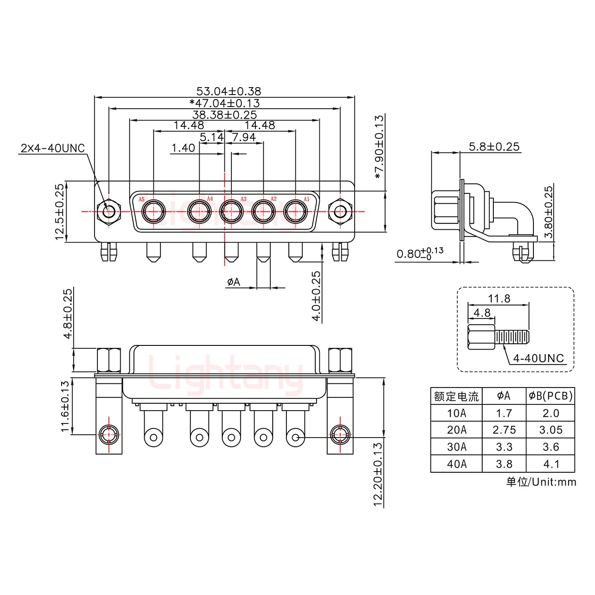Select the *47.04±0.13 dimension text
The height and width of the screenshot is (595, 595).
(x=224, y=103)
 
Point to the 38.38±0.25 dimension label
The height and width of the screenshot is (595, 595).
(x=224, y=114)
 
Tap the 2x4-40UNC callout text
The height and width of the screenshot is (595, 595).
(x=52, y=148)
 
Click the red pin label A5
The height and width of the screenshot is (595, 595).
(x=141, y=200)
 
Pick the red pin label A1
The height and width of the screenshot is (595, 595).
(x=306, y=199)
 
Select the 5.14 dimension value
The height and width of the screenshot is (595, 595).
(x=212, y=137)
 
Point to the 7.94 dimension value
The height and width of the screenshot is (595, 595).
(x=244, y=137)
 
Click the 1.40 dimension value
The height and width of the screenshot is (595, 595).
(x=183, y=148)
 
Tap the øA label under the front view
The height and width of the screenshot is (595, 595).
(x=233, y=282)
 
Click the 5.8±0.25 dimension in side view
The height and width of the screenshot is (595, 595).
(x=494, y=146)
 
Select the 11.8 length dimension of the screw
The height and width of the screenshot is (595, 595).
(x=499, y=298)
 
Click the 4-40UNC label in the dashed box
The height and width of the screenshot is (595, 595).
(x=538, y=358)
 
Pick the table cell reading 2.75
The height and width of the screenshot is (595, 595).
(x=504, y=430)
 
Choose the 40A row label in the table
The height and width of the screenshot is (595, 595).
(x=456, y=464)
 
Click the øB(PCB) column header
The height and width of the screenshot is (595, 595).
(x=550, y=396)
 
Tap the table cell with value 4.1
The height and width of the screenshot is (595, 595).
(x=550, y=464)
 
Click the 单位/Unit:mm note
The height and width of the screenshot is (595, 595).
(x=541, y=481)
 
